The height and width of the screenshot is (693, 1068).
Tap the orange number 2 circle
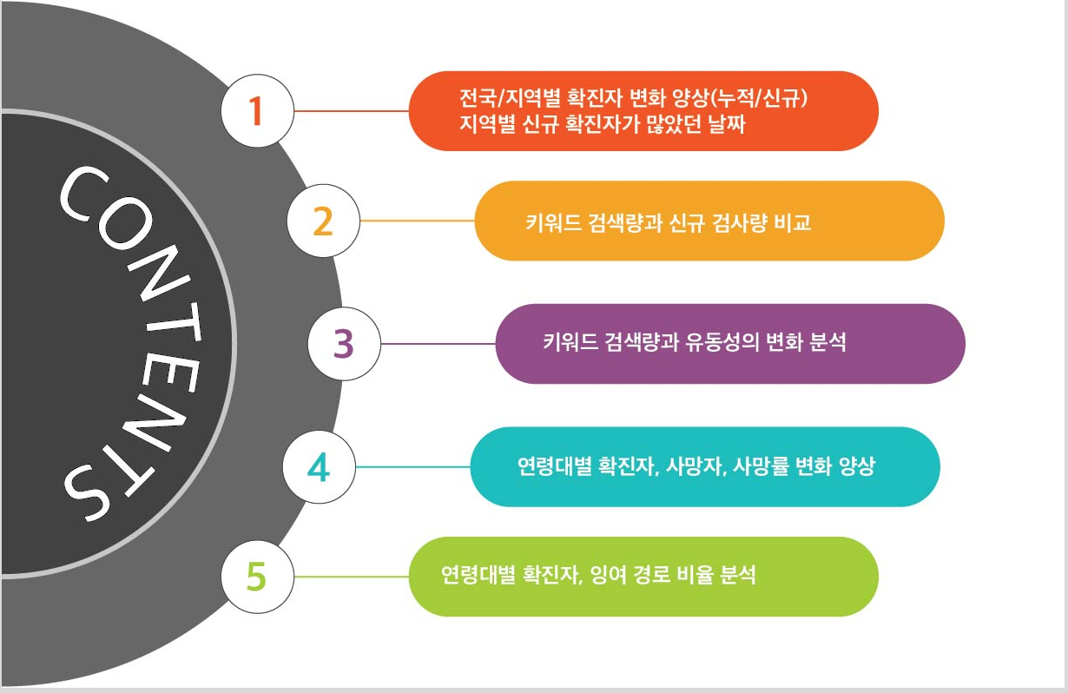coord(322,221)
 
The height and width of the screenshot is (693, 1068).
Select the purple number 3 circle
coord(344,344)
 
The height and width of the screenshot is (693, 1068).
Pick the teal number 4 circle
coord(319,467)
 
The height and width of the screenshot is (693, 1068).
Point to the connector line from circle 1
coord(351,111)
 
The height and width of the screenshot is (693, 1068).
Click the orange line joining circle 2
coord(417,221)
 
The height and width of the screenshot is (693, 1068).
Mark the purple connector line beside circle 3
coord(438,344)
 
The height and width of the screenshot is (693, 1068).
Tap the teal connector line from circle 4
coord(412,467)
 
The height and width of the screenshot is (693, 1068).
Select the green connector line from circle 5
coord(351,577)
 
